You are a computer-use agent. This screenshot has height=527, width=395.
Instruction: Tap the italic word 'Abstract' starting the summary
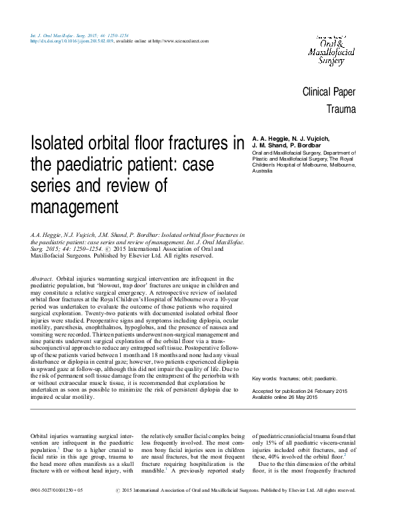coord(44,278)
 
